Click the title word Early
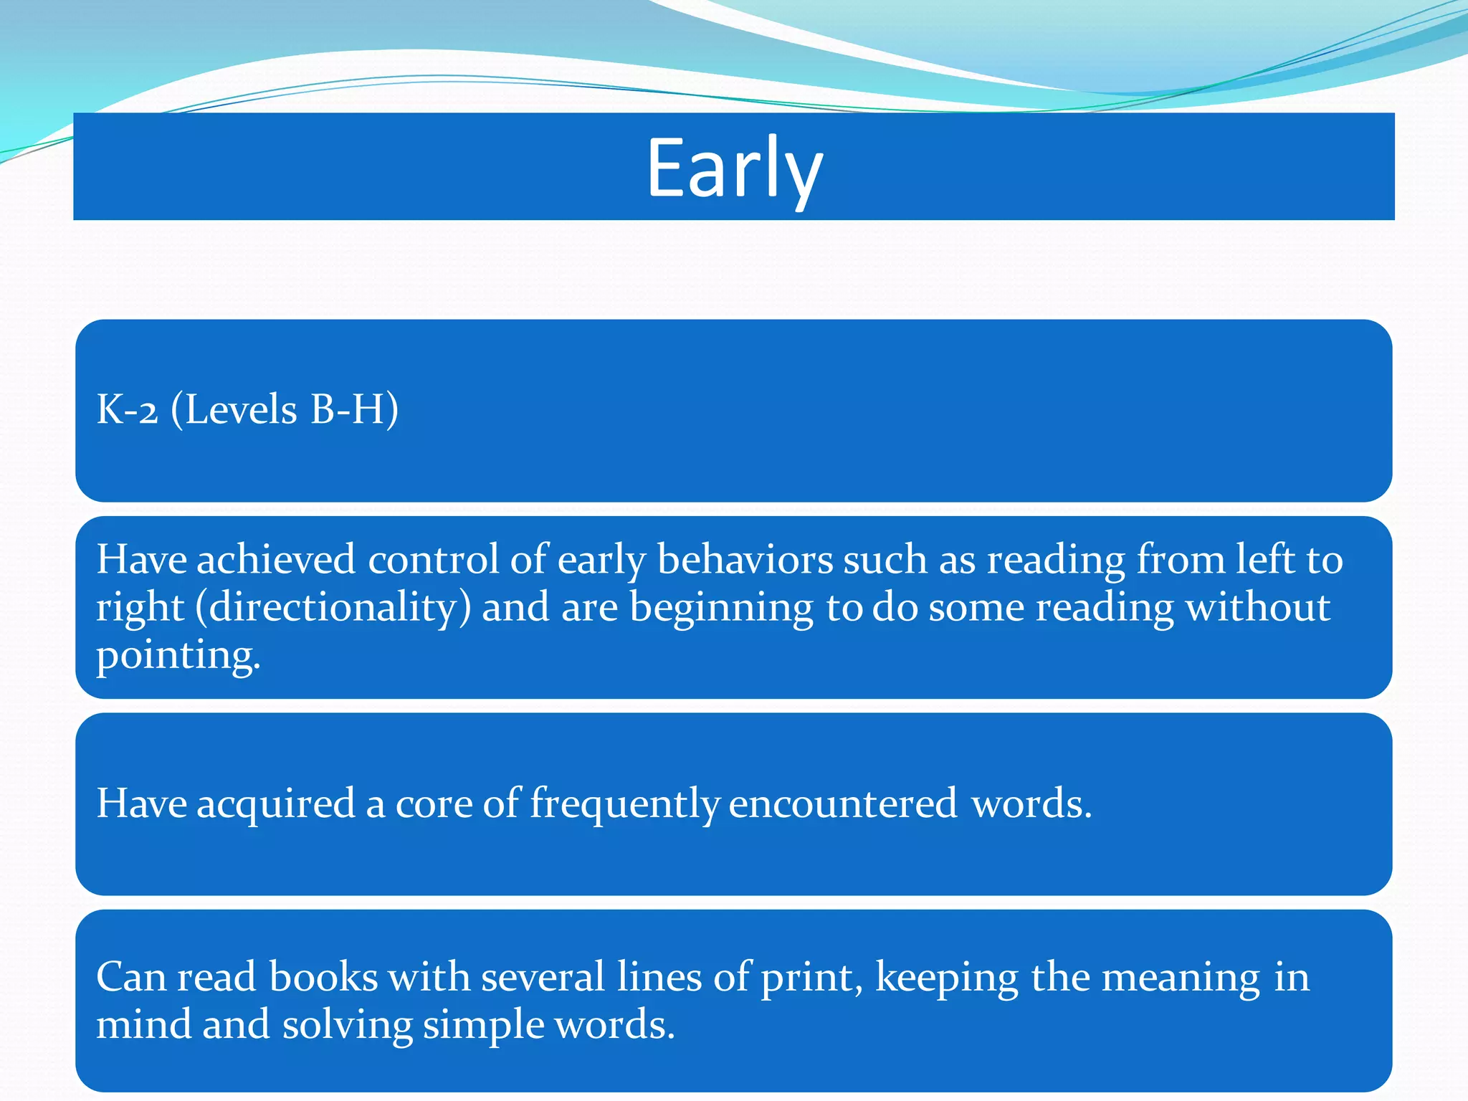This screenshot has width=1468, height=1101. tap(734, 169)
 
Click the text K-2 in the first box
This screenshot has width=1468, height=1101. tap(127, 410)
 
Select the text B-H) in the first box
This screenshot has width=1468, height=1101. tap(354, 410)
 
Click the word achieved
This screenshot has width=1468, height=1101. tap(276, 560)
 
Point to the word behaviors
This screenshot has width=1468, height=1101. tap(745, 560)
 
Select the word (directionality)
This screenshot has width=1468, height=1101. tap(333, 608)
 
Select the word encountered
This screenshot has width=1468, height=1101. tap(843, 803)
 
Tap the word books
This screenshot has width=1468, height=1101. tap(323, 977)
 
